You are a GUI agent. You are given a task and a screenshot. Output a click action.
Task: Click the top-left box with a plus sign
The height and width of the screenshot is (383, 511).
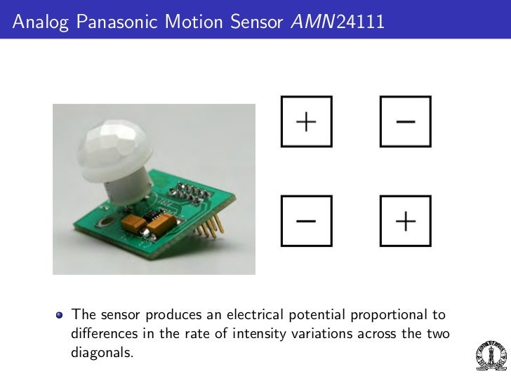[306, 121]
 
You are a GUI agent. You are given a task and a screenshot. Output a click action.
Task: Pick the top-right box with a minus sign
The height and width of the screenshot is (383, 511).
[405, 121]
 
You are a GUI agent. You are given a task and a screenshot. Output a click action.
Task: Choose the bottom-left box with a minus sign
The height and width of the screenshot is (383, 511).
[306, 221]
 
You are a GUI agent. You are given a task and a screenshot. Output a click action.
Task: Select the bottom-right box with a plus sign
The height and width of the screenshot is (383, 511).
[405, 221]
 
